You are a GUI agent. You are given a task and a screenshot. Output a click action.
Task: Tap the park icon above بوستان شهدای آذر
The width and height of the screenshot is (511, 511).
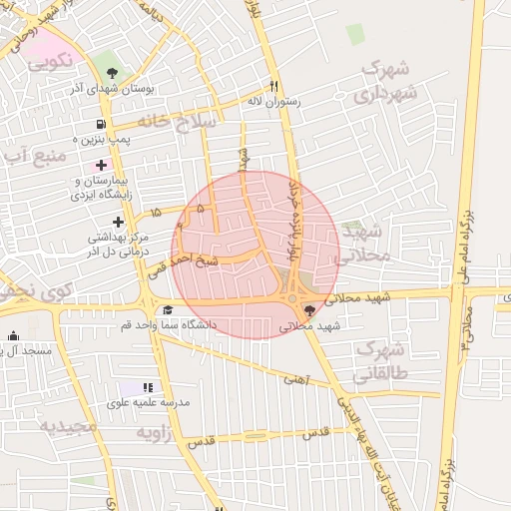(112, 72)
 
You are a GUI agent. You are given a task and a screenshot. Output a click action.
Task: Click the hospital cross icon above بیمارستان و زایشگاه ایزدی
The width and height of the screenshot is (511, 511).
(101, 164)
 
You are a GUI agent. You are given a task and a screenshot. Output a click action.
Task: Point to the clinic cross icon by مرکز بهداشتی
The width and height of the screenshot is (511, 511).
(119, 222)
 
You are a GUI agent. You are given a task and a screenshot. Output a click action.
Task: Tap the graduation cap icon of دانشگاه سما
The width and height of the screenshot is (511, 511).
(168, 310)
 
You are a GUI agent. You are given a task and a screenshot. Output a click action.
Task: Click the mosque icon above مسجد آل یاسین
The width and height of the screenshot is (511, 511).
(13, 336)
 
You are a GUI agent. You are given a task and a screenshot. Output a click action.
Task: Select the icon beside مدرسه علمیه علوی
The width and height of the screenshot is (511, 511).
(149, 387)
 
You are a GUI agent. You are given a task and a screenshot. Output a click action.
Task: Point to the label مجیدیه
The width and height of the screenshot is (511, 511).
(69, 426)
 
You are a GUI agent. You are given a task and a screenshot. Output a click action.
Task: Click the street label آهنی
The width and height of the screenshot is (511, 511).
(297, 379)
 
